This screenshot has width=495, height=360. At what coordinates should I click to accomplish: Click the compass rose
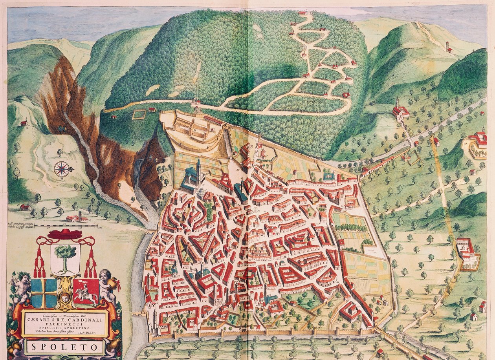(x=62, y=169)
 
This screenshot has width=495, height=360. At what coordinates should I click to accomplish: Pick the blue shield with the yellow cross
(x=44, y=293)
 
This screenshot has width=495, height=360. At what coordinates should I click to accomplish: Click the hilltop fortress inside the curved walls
(x=192, y=130)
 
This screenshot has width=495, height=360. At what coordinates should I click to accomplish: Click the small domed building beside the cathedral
(x=202, y=192)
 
